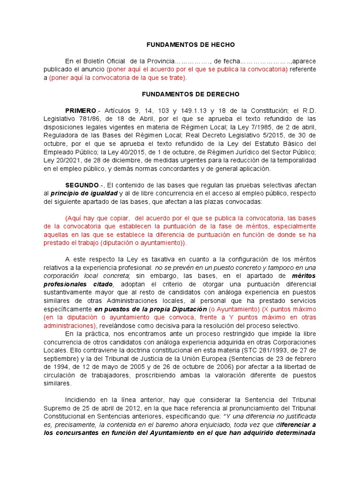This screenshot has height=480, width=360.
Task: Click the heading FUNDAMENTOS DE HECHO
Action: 190,45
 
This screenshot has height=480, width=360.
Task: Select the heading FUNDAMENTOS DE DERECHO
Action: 190,94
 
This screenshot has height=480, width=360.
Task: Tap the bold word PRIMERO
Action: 80,110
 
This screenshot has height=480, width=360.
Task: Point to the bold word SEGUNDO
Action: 82,185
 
